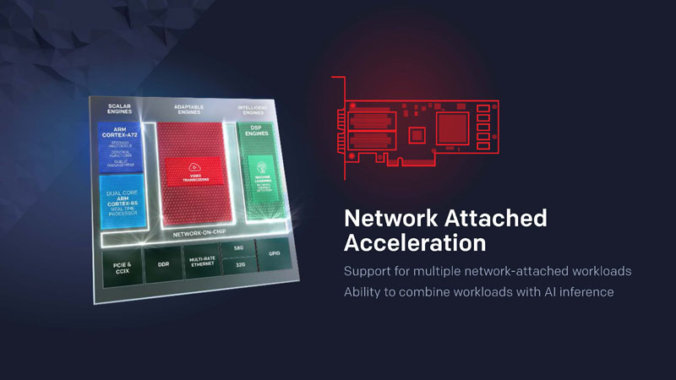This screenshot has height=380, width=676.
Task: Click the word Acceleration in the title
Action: [414, 243]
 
